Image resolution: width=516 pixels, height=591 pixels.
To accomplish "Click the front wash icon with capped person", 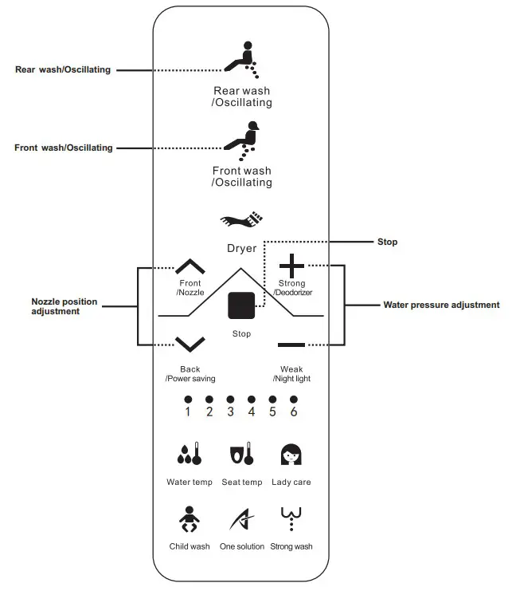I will tap(242, 137).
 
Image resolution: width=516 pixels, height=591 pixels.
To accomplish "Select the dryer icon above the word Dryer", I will tap(241, 220).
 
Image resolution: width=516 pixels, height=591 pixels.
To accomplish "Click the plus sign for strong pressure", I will tap(291, 265).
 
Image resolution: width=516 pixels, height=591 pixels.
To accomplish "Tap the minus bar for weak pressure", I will tap(291, 345).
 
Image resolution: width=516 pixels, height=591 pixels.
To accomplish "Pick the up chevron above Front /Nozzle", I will tap(190, 266).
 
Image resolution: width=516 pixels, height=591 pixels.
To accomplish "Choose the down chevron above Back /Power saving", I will tap(190, 345).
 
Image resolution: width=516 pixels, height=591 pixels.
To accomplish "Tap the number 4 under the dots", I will tap(252, 412).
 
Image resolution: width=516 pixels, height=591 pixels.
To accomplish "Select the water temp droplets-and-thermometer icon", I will tap(189, 455).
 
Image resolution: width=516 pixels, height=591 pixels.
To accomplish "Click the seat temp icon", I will tap(241, 455).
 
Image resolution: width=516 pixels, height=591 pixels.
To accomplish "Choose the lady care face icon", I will tap(291, 455).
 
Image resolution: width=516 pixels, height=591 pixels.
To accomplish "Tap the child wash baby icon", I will tap(190, 520).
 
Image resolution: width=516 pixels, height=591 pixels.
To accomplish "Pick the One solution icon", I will tap(241, 520).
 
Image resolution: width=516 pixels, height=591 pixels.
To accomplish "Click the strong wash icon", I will tap(291, 519).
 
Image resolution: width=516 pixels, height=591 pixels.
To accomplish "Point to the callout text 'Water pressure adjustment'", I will tap(441, 305).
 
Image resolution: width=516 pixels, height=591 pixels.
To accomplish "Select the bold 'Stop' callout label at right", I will tap(387, 242).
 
